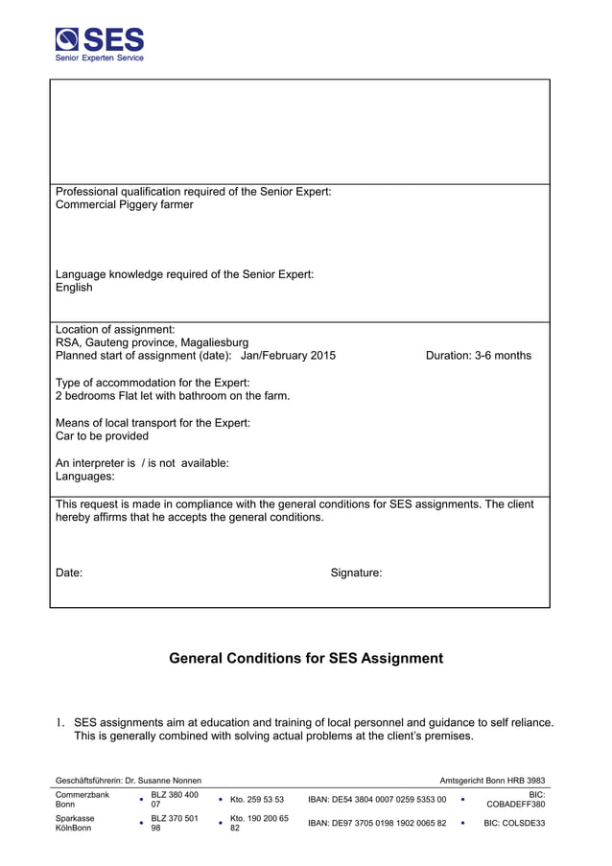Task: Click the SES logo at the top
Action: (100, 44)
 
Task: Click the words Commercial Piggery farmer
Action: (124, 205)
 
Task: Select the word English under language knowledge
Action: (74, 288)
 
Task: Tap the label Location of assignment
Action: (115, 329)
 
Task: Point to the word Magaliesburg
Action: (214, 342)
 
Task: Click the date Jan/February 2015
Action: (288, 356)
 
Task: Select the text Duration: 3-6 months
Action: (478, 356)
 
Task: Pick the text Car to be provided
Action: (102, 436)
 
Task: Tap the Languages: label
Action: (84, 477)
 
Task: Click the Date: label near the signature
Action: (69, 573)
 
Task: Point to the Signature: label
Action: (356, 573)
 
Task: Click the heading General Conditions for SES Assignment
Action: (306, 659)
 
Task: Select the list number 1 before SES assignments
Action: (59, 723)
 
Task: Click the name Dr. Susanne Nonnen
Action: (164, 782)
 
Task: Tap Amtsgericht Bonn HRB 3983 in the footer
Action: (492, 782)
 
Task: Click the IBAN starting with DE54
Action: (376, 800)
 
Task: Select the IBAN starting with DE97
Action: (376, 823)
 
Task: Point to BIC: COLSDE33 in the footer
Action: (514, 823)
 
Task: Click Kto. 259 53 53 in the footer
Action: (256, 800)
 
